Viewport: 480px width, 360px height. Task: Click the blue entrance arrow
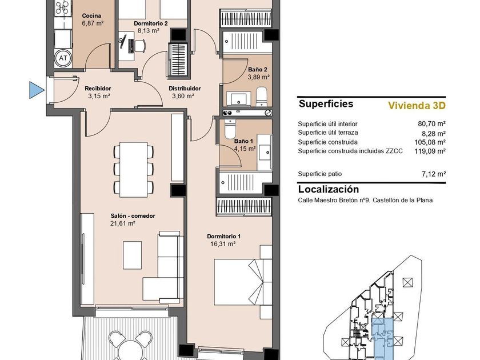pyautogui.click(x=36, y=90)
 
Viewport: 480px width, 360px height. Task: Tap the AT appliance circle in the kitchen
pyautogui.click(x=63, y=58)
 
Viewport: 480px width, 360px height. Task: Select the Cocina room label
pyautogui.click(x=91, y=15)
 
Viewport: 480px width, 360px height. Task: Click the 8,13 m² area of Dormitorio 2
pyautogui.click(x=149, y=31)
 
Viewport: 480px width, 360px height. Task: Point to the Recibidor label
pyautogui.click(x=98, y=89)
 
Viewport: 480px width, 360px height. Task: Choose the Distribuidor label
pyautogui.click(x=185, y=89)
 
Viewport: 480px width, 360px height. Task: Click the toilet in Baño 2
pyautogui.click(x=262, y=96)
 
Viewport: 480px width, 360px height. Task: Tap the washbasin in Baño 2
pyautogui.click(x=238, y=99)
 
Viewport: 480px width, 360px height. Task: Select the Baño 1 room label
pyautogui.click(x=243, y=141)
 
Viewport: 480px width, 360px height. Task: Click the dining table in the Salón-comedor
pyautogui.click(x=134, y=169)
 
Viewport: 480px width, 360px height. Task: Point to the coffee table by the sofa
pyautogui.click(x=132, y=255)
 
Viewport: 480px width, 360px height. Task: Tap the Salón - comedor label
pyautogui.click(x=133, y=216)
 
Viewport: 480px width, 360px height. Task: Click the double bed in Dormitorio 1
pyautogui.click(x=243, y=282)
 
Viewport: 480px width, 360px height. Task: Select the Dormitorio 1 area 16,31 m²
pyautogui.click(x=222, y=244)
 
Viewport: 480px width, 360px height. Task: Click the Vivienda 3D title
pyautogui.click(x=417, y=105)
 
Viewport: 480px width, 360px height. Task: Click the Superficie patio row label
pyautogui.click(x=320, y=174)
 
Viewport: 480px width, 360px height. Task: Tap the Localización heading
pyautogui.click(x=329, y=189)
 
